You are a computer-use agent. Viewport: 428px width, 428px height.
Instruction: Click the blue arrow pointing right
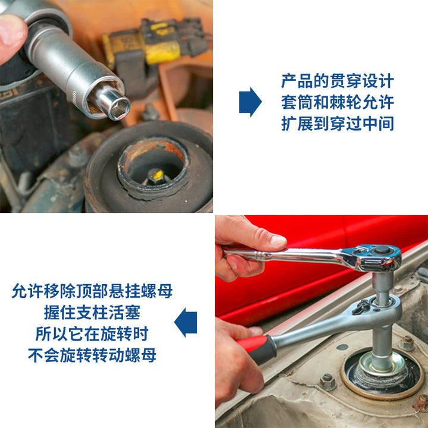point(250,102)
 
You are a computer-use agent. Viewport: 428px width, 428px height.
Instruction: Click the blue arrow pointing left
point(185,322)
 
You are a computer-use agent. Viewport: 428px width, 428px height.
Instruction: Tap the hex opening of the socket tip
point(119,110)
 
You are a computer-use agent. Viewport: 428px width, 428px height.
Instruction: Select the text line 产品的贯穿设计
point(338,81)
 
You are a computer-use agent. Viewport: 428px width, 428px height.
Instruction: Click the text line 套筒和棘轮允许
point(338,102)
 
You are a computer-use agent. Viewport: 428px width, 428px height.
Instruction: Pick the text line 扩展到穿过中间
point(338,124)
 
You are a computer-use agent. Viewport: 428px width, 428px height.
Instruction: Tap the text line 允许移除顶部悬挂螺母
point(92,291)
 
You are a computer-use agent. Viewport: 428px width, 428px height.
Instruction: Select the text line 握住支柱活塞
point(92,312)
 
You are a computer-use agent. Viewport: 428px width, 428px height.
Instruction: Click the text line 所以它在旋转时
point(92,333)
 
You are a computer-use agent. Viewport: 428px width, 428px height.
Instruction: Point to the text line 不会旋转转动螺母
point(92,355)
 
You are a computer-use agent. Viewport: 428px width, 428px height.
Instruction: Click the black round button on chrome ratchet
point(382,250)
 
